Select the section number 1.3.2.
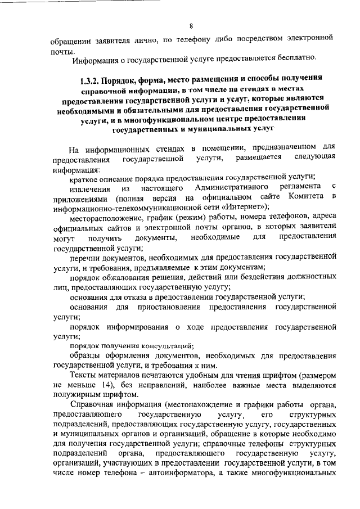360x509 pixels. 91,79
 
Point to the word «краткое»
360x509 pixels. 84,177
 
